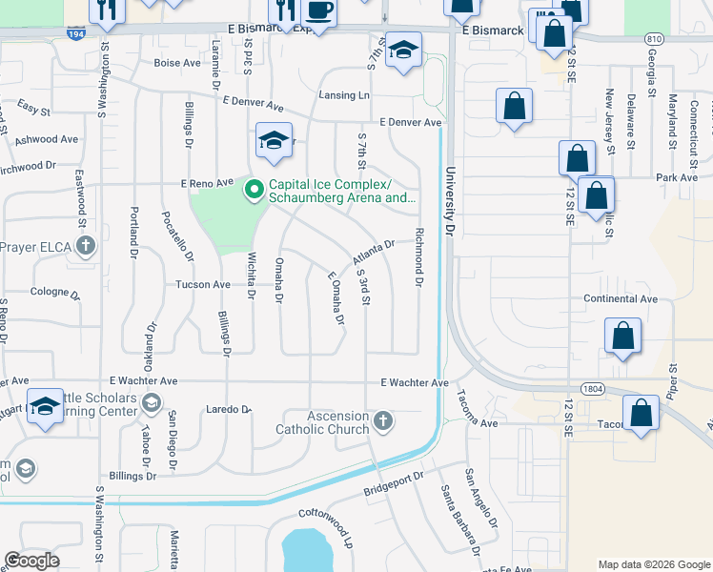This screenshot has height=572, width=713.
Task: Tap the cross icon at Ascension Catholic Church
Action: click(383, 421)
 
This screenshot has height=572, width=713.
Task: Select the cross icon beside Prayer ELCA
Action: click(86, 247)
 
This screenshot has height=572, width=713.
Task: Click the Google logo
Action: click(31, 561)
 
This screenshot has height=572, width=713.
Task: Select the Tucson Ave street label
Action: click(202, 284)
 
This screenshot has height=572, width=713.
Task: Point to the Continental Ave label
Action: click(621, 298)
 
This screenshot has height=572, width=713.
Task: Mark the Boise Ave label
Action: click(176, 63)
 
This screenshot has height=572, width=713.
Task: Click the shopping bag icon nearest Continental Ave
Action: click(622, 336)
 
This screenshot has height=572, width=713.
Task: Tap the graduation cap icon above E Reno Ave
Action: click(274, 141)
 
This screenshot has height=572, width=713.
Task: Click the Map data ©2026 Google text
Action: click(653, 564)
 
